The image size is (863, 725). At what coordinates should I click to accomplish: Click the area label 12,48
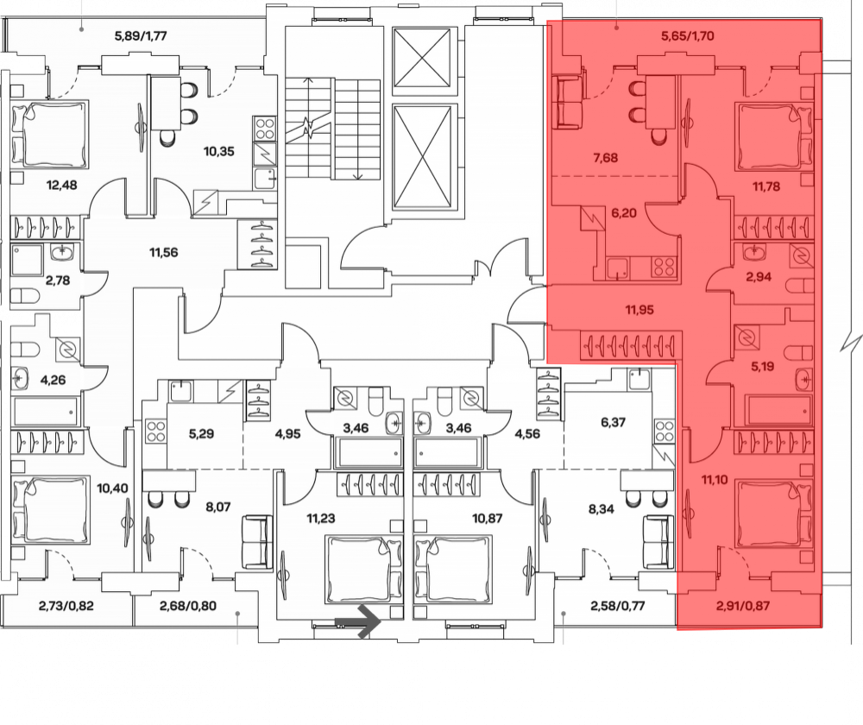coord(61,185)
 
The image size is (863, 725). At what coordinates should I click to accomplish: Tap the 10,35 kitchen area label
coord(219,151)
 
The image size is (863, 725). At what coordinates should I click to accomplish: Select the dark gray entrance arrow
coord(358,621)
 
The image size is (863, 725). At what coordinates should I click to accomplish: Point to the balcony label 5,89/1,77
coord(141,36)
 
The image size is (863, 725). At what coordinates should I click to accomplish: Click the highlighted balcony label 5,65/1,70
coord(688,36)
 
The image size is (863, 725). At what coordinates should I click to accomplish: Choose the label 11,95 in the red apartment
coord(639,310)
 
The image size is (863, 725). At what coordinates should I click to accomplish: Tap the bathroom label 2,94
coord(759,277)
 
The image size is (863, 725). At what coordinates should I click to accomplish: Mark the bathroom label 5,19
coord(762,366)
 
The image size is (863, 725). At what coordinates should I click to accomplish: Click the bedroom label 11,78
coord(766,186)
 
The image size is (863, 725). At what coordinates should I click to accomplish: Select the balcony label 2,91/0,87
coord(743,606)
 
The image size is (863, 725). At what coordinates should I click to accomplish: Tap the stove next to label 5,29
coord(156,431)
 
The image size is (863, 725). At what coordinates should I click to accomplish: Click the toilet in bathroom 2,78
coord(25,296)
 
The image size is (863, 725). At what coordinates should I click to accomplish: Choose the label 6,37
coord(613,422)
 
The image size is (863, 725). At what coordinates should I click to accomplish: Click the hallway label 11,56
coord(163,253)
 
